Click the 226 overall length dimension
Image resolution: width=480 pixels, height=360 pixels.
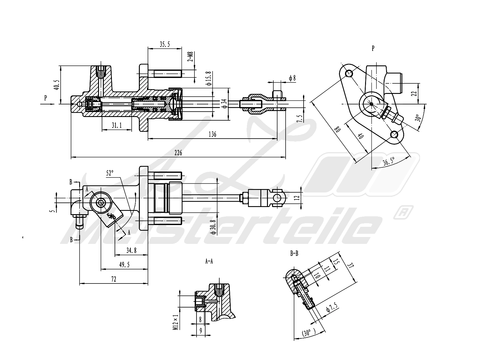tap(178, 153)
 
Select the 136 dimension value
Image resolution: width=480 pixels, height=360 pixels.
tap(212, 134)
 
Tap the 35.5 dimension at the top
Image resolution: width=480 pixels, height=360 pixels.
tap(165, 44)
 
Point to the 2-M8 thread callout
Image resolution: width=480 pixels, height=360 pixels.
tap(190, 57)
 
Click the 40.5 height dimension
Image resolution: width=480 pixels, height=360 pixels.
tap(56, 85)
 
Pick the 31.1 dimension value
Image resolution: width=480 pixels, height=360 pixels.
tap(117, 125)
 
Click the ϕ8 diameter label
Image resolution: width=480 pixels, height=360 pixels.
tap(292, 78)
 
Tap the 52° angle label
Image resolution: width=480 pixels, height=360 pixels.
tap(110, 173)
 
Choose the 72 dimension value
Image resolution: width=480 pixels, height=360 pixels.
tap(113, 279)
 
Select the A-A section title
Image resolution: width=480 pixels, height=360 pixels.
tap(209, 261)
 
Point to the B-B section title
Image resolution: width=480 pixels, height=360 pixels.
tap(294, 254)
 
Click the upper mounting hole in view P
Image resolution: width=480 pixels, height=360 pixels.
tap(349, 73)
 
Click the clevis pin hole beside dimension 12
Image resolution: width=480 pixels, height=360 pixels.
tap(279, 198)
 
